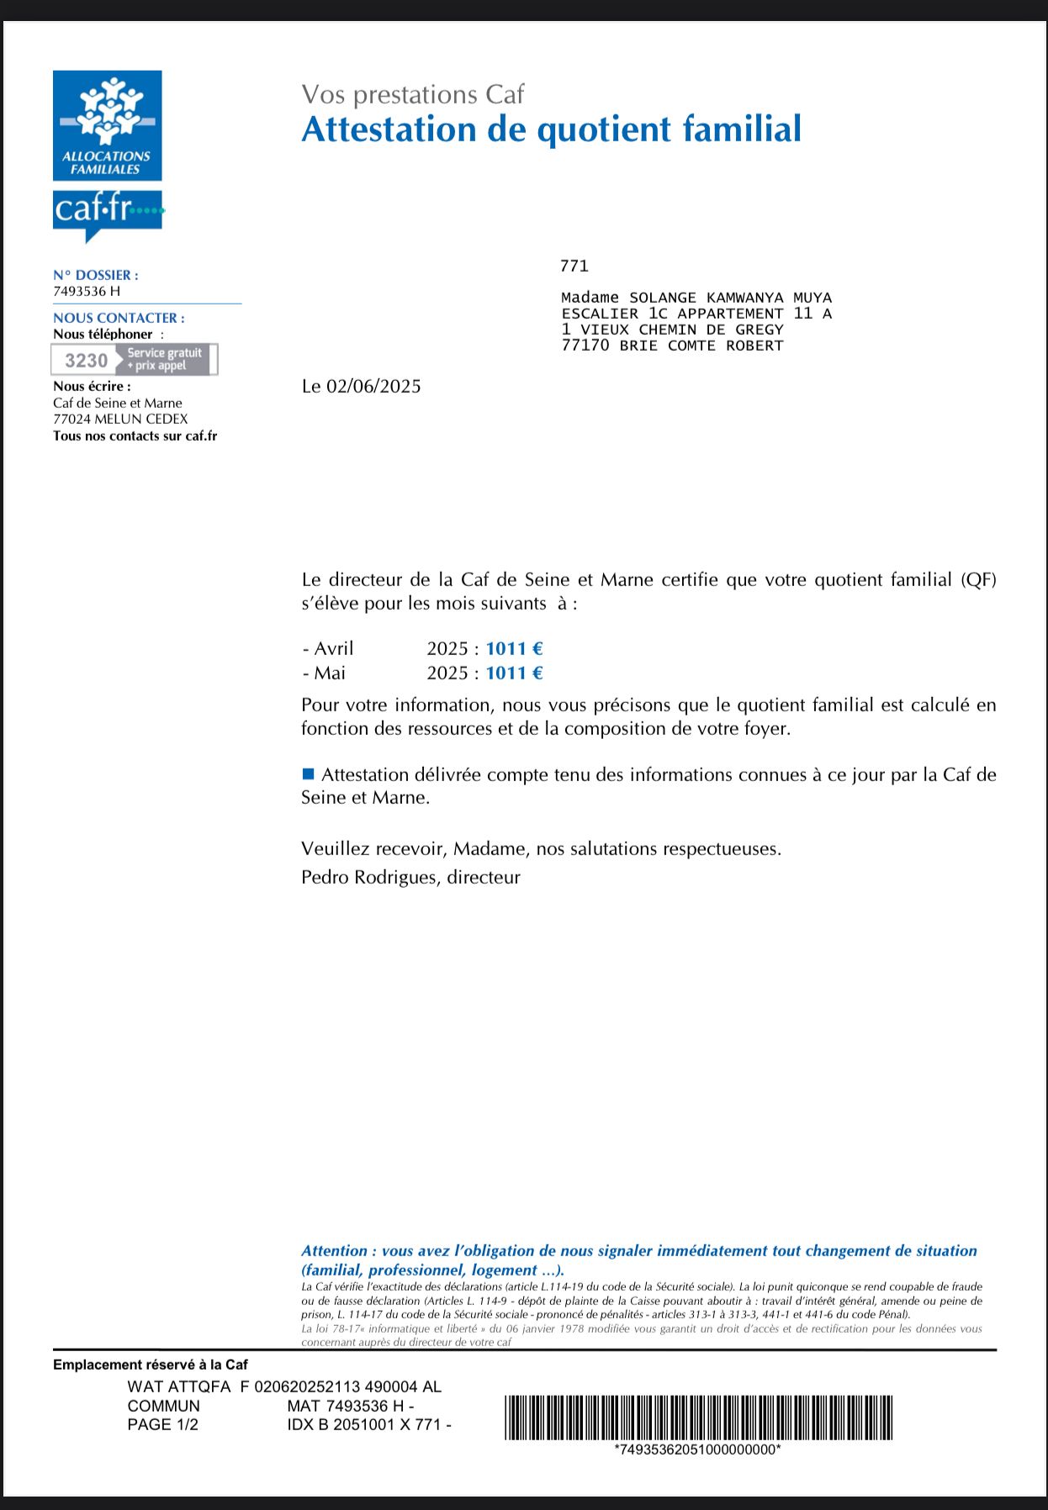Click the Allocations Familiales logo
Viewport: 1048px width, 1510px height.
click(x=107, y=125)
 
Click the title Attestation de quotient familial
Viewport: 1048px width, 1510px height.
click(x=551, y=129)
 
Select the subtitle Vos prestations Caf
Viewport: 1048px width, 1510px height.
click(x=412, y=94)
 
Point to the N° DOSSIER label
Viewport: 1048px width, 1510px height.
click(x=95, y=275)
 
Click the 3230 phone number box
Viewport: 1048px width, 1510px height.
click(x=135, y=360)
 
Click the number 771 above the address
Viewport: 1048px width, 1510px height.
click(x=574, y=267)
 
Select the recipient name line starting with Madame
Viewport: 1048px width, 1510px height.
click(x=696, y=298)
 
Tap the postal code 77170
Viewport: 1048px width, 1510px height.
click(x=585, y=346)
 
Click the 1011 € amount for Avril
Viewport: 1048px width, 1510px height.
click(x=514, y=648)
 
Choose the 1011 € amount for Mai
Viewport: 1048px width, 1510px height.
click(x=514, y=673)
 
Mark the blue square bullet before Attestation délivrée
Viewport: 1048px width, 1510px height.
click(x=308, y=773)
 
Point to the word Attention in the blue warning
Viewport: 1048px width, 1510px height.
click(x=334, y=1251)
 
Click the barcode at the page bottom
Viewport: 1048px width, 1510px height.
click(x=698, y=1418)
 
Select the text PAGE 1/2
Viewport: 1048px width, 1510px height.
click(x=162, y=1424)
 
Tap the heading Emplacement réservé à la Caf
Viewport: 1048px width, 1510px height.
click(x=150, y=1365)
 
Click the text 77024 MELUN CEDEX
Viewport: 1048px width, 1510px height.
click(x=120, y=419)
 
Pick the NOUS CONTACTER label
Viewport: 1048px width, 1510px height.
click(x=119, y=318)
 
